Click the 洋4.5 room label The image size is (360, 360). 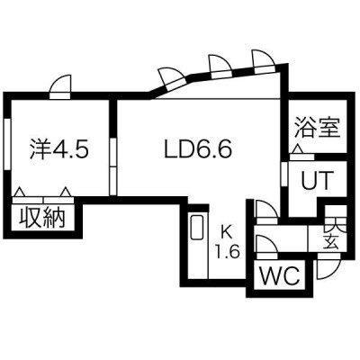[59, 149]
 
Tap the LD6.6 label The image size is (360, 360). [198, 149]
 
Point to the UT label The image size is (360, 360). [318, 180]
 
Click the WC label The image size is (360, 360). [280, 275]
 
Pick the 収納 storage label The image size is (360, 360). [42, 217]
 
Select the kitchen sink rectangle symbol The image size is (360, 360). [196, 227]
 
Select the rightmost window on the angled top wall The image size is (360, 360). [264, 61]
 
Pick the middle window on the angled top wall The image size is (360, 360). [220, 67]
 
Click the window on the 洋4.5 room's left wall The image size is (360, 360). [7, 145]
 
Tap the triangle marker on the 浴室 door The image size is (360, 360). [298, 148]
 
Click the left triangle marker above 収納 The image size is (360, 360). [20, 192]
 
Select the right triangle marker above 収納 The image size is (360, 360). [66, 192]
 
